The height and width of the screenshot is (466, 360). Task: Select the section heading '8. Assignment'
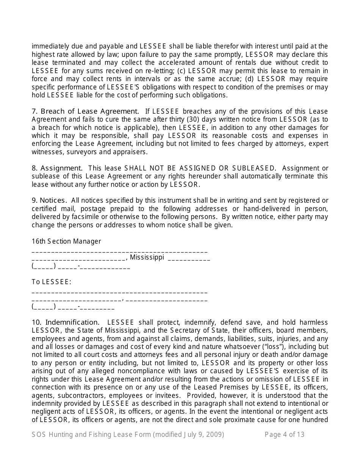[x=57, y=168]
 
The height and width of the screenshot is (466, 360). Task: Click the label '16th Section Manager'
[x=66, y=241]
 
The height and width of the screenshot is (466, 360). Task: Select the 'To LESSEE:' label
[x=52, y=282]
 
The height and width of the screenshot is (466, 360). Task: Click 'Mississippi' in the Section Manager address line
[x=147, y=258]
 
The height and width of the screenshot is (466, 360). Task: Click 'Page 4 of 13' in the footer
[x=284, y=435]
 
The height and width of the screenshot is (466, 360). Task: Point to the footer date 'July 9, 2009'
[x=203, y=435]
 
